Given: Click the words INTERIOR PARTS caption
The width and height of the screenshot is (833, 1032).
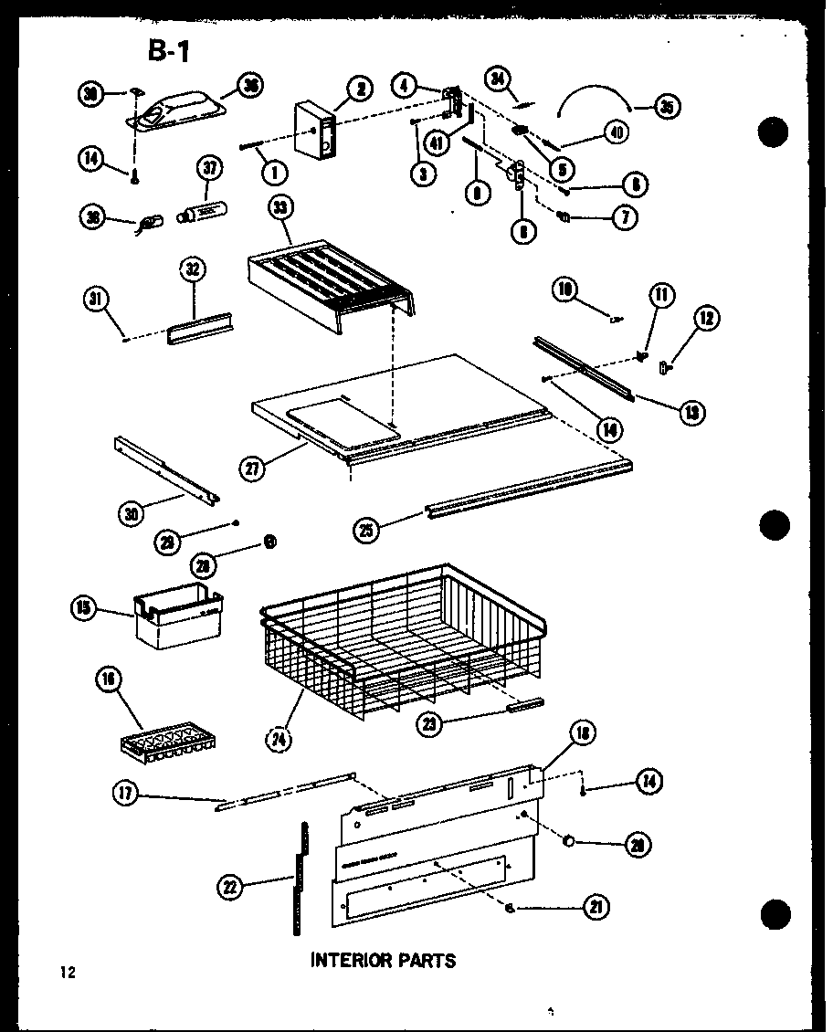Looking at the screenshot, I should [x=383, y=960].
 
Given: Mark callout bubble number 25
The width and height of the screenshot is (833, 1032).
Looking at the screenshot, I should [x=367, y=532].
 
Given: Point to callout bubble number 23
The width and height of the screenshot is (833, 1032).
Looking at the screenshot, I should [x=428, y=724].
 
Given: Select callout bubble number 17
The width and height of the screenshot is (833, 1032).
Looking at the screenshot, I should [x=125, y=795].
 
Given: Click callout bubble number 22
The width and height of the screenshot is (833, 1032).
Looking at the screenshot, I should [x=231, y=884].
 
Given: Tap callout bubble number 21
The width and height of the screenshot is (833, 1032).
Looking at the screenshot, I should [x=596, y=907].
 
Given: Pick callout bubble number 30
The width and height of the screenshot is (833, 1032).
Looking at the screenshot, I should [x=133, y=512].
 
